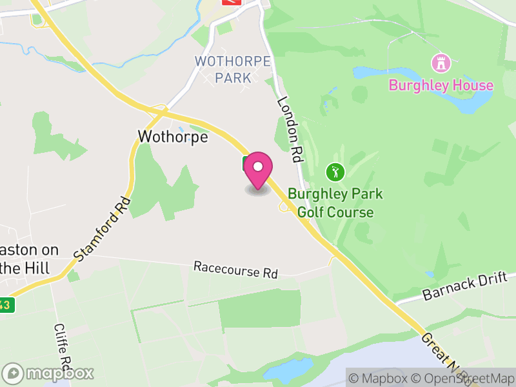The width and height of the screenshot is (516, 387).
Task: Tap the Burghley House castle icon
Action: coord(441,64)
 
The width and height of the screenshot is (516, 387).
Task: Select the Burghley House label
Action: coord(441,85)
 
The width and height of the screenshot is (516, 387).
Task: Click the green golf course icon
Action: coord(335,172)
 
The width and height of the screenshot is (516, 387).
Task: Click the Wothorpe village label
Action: coord(173,137)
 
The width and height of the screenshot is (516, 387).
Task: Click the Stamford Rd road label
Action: coord(103,229)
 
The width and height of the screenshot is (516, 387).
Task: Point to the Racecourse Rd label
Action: coord(235,270)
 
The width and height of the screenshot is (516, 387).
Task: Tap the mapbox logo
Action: coord(48,373)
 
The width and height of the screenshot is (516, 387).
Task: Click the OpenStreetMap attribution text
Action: coord(462,379)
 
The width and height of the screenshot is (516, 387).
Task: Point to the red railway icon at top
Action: coord(231,2)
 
